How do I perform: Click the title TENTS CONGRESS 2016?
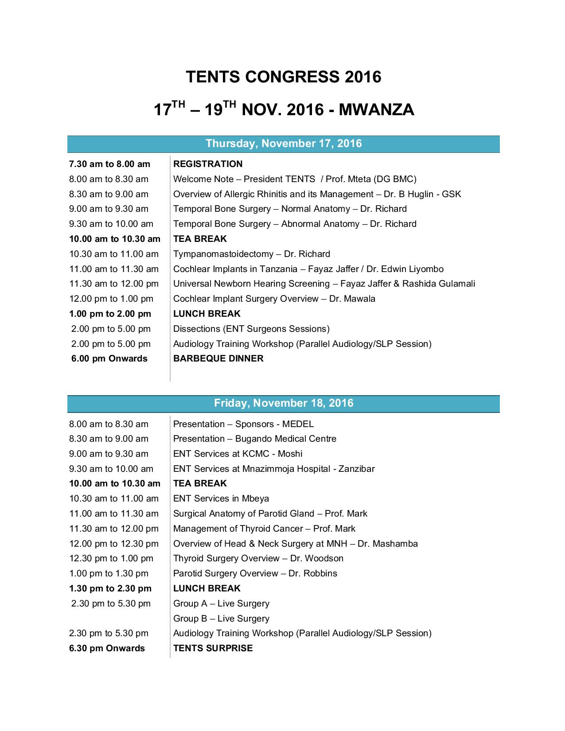[x=283, y=77]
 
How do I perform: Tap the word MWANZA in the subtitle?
[x=376, y=109]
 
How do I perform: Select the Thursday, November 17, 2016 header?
[x=284, y=144]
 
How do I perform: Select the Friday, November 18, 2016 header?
[x=284, y=403]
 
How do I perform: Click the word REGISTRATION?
[x=208, y=164]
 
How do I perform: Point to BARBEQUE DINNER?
[x=218, y=358]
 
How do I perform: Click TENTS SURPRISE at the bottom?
[x=213, y=648]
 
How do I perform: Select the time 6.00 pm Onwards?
[x=109, y=358]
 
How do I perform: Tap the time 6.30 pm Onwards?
[x=107, y=648]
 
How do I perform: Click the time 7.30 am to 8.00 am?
[x=109, y=164]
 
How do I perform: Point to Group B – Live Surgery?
[x=221, y=618]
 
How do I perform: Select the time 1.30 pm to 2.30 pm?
[x=110, y=588]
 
